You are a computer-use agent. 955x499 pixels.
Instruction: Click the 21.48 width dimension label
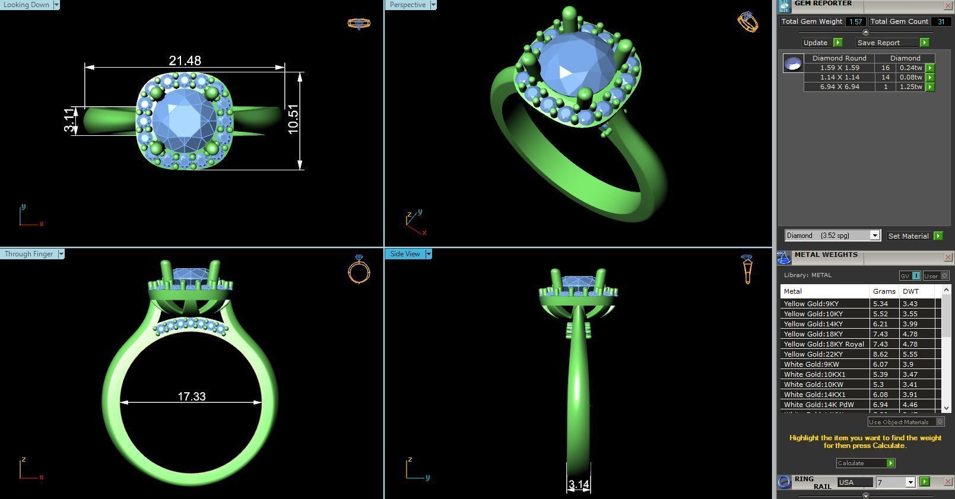(x=185, y=61)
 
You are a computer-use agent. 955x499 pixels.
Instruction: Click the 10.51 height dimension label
(x=293, y=119)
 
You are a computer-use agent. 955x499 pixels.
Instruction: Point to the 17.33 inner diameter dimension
(x=191, y=396)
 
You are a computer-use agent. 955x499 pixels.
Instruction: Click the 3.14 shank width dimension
(x=578, y=485)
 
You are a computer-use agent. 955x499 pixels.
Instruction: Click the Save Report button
(x=878, y=43)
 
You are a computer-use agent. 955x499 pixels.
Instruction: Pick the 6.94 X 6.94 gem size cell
(x=839, y=87)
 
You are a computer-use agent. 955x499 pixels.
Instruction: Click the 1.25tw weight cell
(x=910, y=87)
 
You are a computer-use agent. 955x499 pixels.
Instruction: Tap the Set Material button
(x=908, y=236)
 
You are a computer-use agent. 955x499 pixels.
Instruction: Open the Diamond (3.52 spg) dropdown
(x=832, y=236)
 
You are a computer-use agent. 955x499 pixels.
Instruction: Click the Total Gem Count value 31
(x=940, y=21)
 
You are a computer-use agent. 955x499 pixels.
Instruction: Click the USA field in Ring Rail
(x=854, y=482)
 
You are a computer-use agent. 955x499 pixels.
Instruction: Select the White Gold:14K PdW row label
(x=818, y=405)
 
